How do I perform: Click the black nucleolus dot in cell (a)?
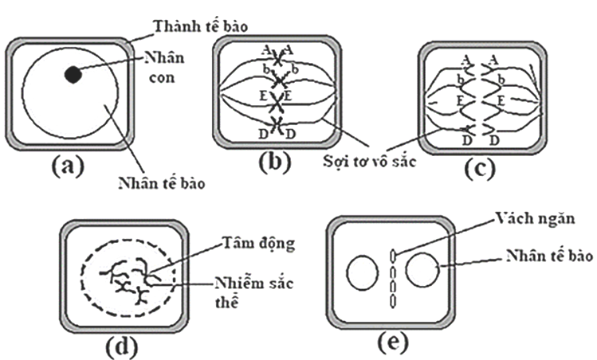(x=73, y=74)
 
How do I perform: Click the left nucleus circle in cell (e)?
(x=362, y=273)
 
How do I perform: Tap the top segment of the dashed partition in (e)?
(x=393, y=254)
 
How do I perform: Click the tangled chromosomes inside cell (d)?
(x=128, y=280)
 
